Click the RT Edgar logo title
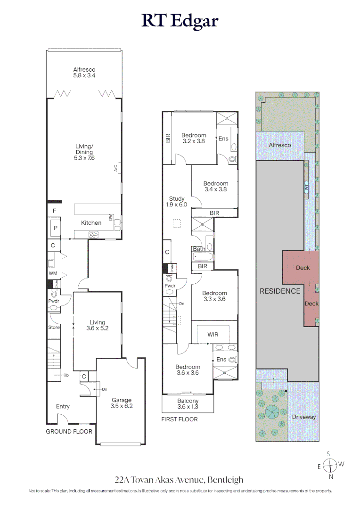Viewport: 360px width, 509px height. (x=180, y=21)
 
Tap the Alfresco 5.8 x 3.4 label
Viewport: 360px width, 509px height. (x=84, y=73)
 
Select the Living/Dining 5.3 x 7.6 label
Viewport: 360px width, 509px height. (x=84, y=152)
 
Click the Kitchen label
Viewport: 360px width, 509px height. (x=91, y=223)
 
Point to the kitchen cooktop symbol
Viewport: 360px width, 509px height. (x=93, y=234)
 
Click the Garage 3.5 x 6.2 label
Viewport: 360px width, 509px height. (x=122, y=403)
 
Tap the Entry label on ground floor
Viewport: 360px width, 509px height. (x=63, y=407)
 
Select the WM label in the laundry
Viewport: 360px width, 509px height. (x=52, y=273)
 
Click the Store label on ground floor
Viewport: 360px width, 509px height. (x=54, y=328)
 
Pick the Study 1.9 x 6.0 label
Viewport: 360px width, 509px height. (x=177, y=202)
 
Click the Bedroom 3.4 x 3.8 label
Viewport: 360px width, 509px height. (x=216, y=187)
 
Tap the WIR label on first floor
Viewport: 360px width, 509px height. (x=213, y=334)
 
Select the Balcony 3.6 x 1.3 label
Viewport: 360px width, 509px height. (x=188, y=404)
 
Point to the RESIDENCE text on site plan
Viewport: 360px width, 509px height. (x=280, y=291)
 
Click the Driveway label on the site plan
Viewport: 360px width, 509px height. (x=303, y=417)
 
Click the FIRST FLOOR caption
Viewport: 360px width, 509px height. (x=180, y=419)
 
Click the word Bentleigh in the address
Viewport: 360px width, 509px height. (x=226, y=480)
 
